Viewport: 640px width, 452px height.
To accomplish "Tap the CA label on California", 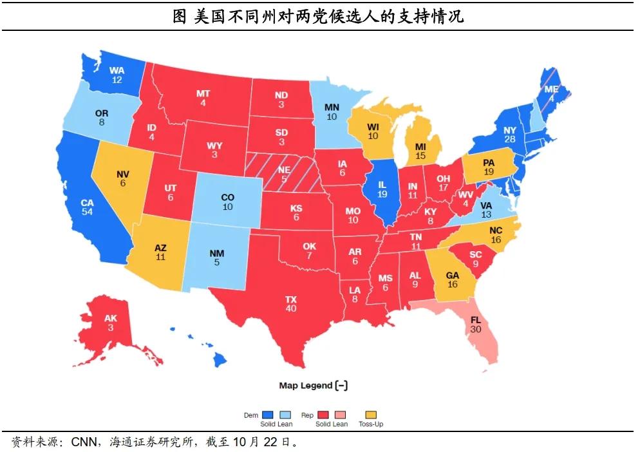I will (x=88, y=203).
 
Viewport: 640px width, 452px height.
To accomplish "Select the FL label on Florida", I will (x=475, y=319).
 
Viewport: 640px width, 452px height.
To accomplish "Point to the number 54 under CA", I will (x=88, y=212).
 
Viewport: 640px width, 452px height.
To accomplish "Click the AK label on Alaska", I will (x=110, y=318).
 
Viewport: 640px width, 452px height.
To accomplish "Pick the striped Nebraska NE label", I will (x=284, y=169).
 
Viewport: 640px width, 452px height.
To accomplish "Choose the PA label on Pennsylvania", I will (x=489, y=164).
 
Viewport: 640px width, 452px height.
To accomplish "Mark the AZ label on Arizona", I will (x=160, y=247).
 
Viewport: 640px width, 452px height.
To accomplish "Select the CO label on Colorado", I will (x=227, y=198).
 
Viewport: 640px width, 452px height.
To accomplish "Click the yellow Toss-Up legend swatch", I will (x=370, y=415).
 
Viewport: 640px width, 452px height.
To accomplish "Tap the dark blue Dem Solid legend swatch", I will (x=266, y=415).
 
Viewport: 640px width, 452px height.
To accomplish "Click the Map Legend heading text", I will (x=305, y=385).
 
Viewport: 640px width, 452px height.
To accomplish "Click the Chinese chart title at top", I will (x=319, y=16).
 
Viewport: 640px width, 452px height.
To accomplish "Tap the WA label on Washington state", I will (x=117, y=70).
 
